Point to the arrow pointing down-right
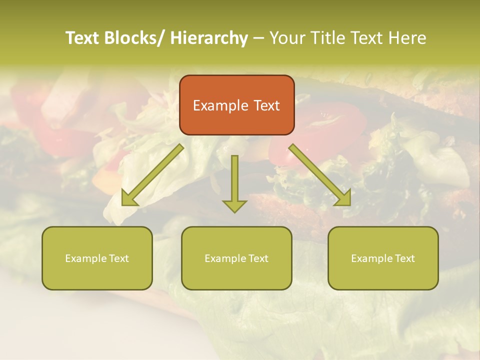320,175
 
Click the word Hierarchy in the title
208,38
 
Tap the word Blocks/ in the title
133,38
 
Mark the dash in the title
258,38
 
